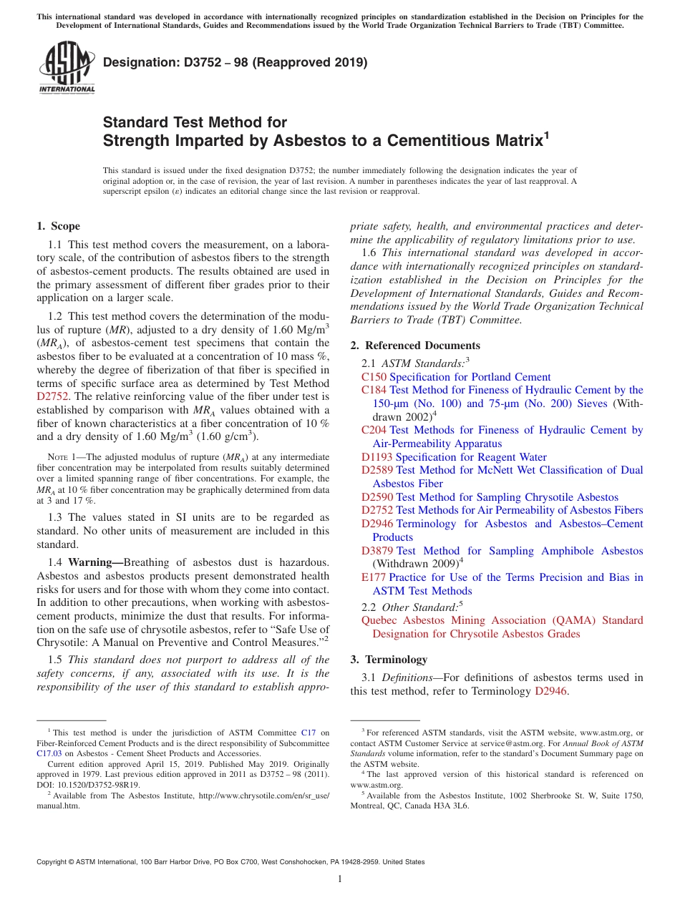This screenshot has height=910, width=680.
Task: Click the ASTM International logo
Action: coord(66,67)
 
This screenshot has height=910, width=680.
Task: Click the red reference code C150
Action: coord(374,377)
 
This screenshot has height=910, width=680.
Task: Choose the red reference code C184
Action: coord(374,390)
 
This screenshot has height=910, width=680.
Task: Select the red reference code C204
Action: coord(374,430)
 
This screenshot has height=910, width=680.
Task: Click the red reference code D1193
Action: coord(377,457)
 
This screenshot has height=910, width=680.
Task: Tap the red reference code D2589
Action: coord(377,470)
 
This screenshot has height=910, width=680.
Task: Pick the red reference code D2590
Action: coord(377,497)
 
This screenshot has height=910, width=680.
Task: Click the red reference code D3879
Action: coord(377,551)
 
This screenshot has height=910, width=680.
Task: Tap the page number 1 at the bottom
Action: coord(340,879)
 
